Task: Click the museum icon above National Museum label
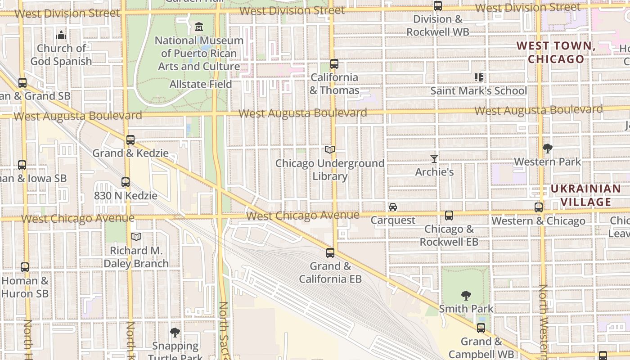click(x=199, y=27)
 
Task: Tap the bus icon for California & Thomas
click(x=334, y=64)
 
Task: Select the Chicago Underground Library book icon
click(x=330, y=149)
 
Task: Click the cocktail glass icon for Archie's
click(x=434, y=158)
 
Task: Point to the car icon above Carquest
click(x=393, y=207)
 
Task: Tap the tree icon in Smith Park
click(x=466, y=296)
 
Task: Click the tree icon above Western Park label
click(x=547, y=148)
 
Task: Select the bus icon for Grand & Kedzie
click(x=130, y=140)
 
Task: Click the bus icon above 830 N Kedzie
click(x=126, y=182)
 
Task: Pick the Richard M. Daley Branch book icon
click(x=136, y=237)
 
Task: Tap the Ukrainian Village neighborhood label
click(x=586, y=195)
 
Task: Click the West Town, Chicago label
click(x=556, y=52)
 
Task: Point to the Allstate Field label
click(x=201, y=84)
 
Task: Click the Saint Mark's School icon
click(x=478, y=77)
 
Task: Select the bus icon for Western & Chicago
click(x=539, y=207)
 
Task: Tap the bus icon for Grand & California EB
click(x=330, y=253)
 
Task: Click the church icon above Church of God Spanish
click(x=61, y=35)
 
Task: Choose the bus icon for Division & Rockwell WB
click(x=437, y=6)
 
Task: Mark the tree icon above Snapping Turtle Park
click(x=175, y=333)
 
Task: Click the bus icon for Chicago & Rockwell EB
click(x=449, y=216)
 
